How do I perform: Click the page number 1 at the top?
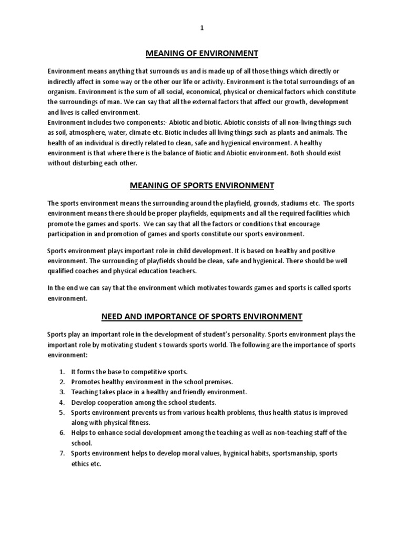click(201, 29)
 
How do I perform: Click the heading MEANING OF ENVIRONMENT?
click(201, 53)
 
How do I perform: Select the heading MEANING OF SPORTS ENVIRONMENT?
click(202, 185)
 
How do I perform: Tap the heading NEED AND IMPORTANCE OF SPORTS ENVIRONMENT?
click(201, 316)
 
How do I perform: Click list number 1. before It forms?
click(62, 372)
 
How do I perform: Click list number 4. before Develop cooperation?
click(62, 402)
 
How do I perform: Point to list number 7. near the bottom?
click(62, 453)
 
